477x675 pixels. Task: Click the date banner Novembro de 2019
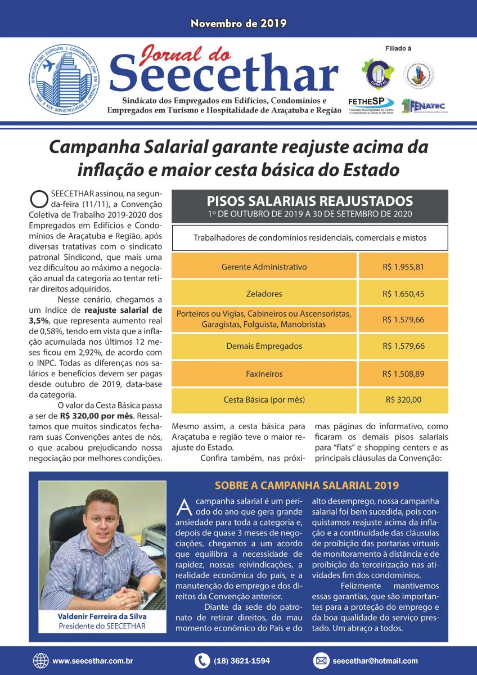(x=238, y=24)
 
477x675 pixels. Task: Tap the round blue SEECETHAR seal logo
(x=64, y=79)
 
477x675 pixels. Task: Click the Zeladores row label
(x=264, y=294)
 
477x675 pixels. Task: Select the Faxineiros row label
(x=264, y=373)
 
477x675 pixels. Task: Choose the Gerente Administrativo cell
(x=264, y=267)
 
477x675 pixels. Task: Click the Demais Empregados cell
(x=264, y=346)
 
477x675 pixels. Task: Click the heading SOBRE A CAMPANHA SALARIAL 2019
(x=307, y=485)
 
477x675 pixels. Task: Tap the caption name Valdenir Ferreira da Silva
(x=102, y=616)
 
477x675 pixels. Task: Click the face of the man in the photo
(x=102, y=512)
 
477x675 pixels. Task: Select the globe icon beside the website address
(x=41, y=661)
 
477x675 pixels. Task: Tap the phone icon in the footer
(x=202, y=661)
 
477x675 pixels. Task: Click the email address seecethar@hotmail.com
(x=375, y=661)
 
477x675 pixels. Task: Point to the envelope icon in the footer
(x=321, y=661)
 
